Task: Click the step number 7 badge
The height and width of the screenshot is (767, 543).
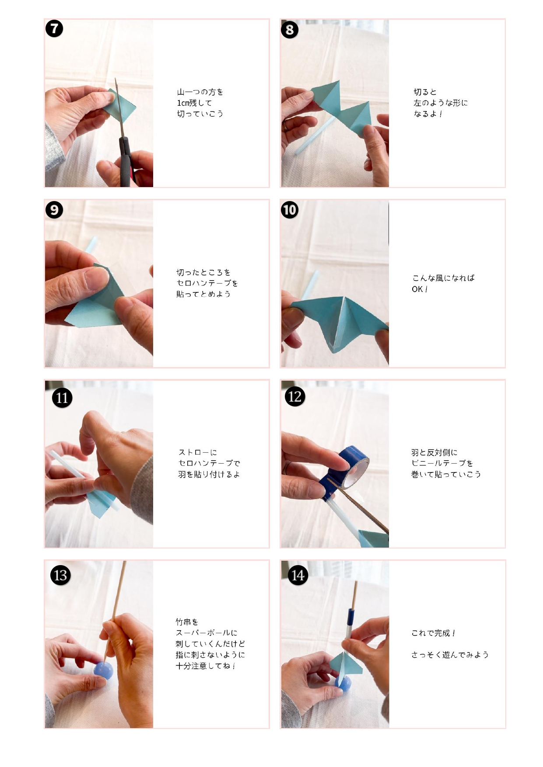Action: (54, 29)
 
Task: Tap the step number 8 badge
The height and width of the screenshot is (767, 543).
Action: (290, 30)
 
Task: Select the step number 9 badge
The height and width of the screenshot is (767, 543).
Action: (54, 210)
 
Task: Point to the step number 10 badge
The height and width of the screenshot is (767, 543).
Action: (290, 210)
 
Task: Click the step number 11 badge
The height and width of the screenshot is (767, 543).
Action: (62, 398)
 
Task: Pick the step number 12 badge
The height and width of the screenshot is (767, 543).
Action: (295, 396)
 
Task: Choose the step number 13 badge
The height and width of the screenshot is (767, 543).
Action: (60, 575)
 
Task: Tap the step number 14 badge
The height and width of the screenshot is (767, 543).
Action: (298, 575)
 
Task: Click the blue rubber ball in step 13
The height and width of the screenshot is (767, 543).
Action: (104, 670)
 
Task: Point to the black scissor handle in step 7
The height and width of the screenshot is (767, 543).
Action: (125, 162)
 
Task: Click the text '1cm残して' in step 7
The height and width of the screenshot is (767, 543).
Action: (194, 103)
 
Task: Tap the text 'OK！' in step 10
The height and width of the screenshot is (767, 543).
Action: (420, 289)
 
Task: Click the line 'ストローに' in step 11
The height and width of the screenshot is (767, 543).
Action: (197, 452)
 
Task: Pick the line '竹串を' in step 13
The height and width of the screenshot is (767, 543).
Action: (187, 622)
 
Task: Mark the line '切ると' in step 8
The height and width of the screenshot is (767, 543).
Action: (425, 92)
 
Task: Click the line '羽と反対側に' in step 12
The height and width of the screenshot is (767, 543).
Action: (434, 452)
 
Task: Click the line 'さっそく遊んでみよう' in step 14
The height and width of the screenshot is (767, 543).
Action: (450, 655)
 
